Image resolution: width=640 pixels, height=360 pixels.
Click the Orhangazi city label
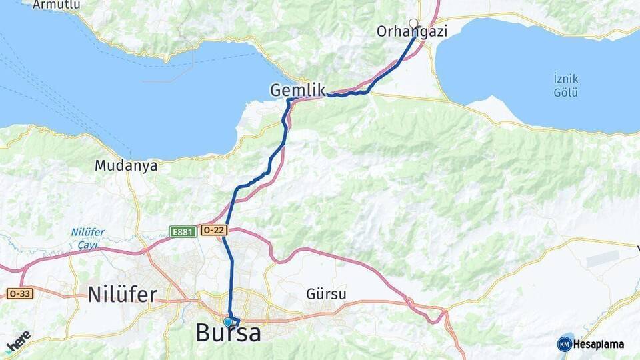[411, 31]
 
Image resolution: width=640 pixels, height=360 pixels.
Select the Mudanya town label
[126, 165]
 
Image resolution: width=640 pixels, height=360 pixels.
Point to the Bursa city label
[228, 333]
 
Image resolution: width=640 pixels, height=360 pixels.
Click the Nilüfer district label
[122, 294]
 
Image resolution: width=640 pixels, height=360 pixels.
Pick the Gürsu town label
[326, 293]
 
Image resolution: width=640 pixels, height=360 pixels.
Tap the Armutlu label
[56, 5]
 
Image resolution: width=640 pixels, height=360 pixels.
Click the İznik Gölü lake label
[565, 85]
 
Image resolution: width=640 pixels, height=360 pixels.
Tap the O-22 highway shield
[215, 230]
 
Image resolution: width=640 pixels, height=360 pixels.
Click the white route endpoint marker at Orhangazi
[413, 24]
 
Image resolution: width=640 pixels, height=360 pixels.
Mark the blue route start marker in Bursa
[228, 322]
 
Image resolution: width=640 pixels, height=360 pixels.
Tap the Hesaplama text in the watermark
[599, 344]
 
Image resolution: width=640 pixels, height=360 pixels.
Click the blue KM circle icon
[565, 344]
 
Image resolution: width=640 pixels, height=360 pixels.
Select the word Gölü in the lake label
[565, 92]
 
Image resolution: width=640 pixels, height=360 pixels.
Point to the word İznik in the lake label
[565, 78]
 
